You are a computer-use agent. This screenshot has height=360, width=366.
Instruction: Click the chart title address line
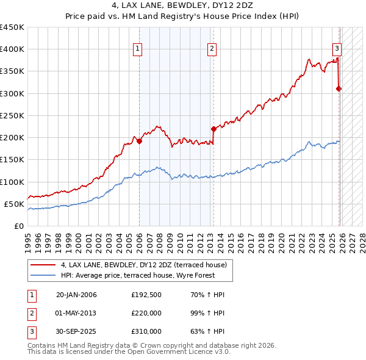(183, 5)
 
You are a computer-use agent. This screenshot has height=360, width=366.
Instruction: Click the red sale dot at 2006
(139, 141)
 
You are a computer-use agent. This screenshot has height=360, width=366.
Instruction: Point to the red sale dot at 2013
(213, 129)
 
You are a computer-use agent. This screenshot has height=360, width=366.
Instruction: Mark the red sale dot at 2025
(339, 89)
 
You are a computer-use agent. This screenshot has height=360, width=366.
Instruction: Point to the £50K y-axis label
(15, 204)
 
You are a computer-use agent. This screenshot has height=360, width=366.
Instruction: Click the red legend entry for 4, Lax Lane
(144, 265)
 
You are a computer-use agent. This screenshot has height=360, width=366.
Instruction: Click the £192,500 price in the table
(146, 295)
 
